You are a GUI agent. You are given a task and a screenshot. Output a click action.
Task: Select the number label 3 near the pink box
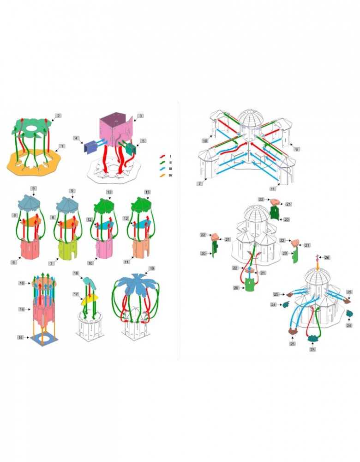tap(140, 116)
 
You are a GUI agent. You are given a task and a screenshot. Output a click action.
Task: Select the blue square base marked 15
tap(47, 340)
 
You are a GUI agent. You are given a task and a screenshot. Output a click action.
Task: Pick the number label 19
tap(151, 268)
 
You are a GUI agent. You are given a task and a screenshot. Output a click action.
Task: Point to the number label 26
tap(327, 257)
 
